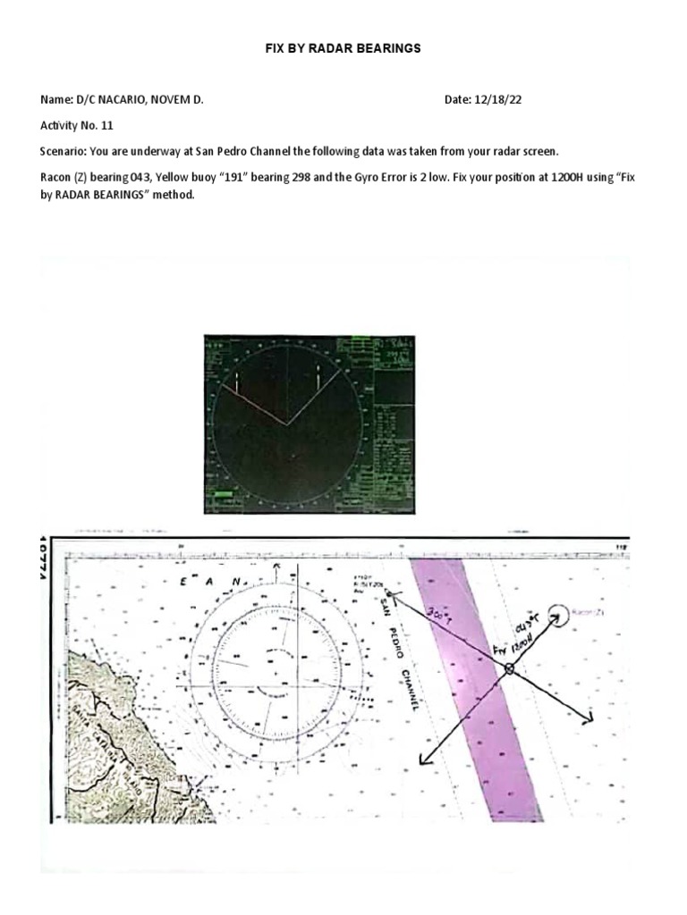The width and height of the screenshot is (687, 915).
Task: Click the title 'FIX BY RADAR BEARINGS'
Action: tap(343, 48)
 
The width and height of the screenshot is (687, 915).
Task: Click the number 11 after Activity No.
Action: tap(108, 126)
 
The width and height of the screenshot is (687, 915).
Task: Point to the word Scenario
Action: tap(63, 152)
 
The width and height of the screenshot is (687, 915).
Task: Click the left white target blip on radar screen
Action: tap(237, 382)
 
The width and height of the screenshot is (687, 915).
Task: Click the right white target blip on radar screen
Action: tap(318, 379)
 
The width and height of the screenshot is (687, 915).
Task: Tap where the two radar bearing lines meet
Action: tap(287, 424)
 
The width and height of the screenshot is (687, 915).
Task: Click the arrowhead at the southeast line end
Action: tap(589, 718)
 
